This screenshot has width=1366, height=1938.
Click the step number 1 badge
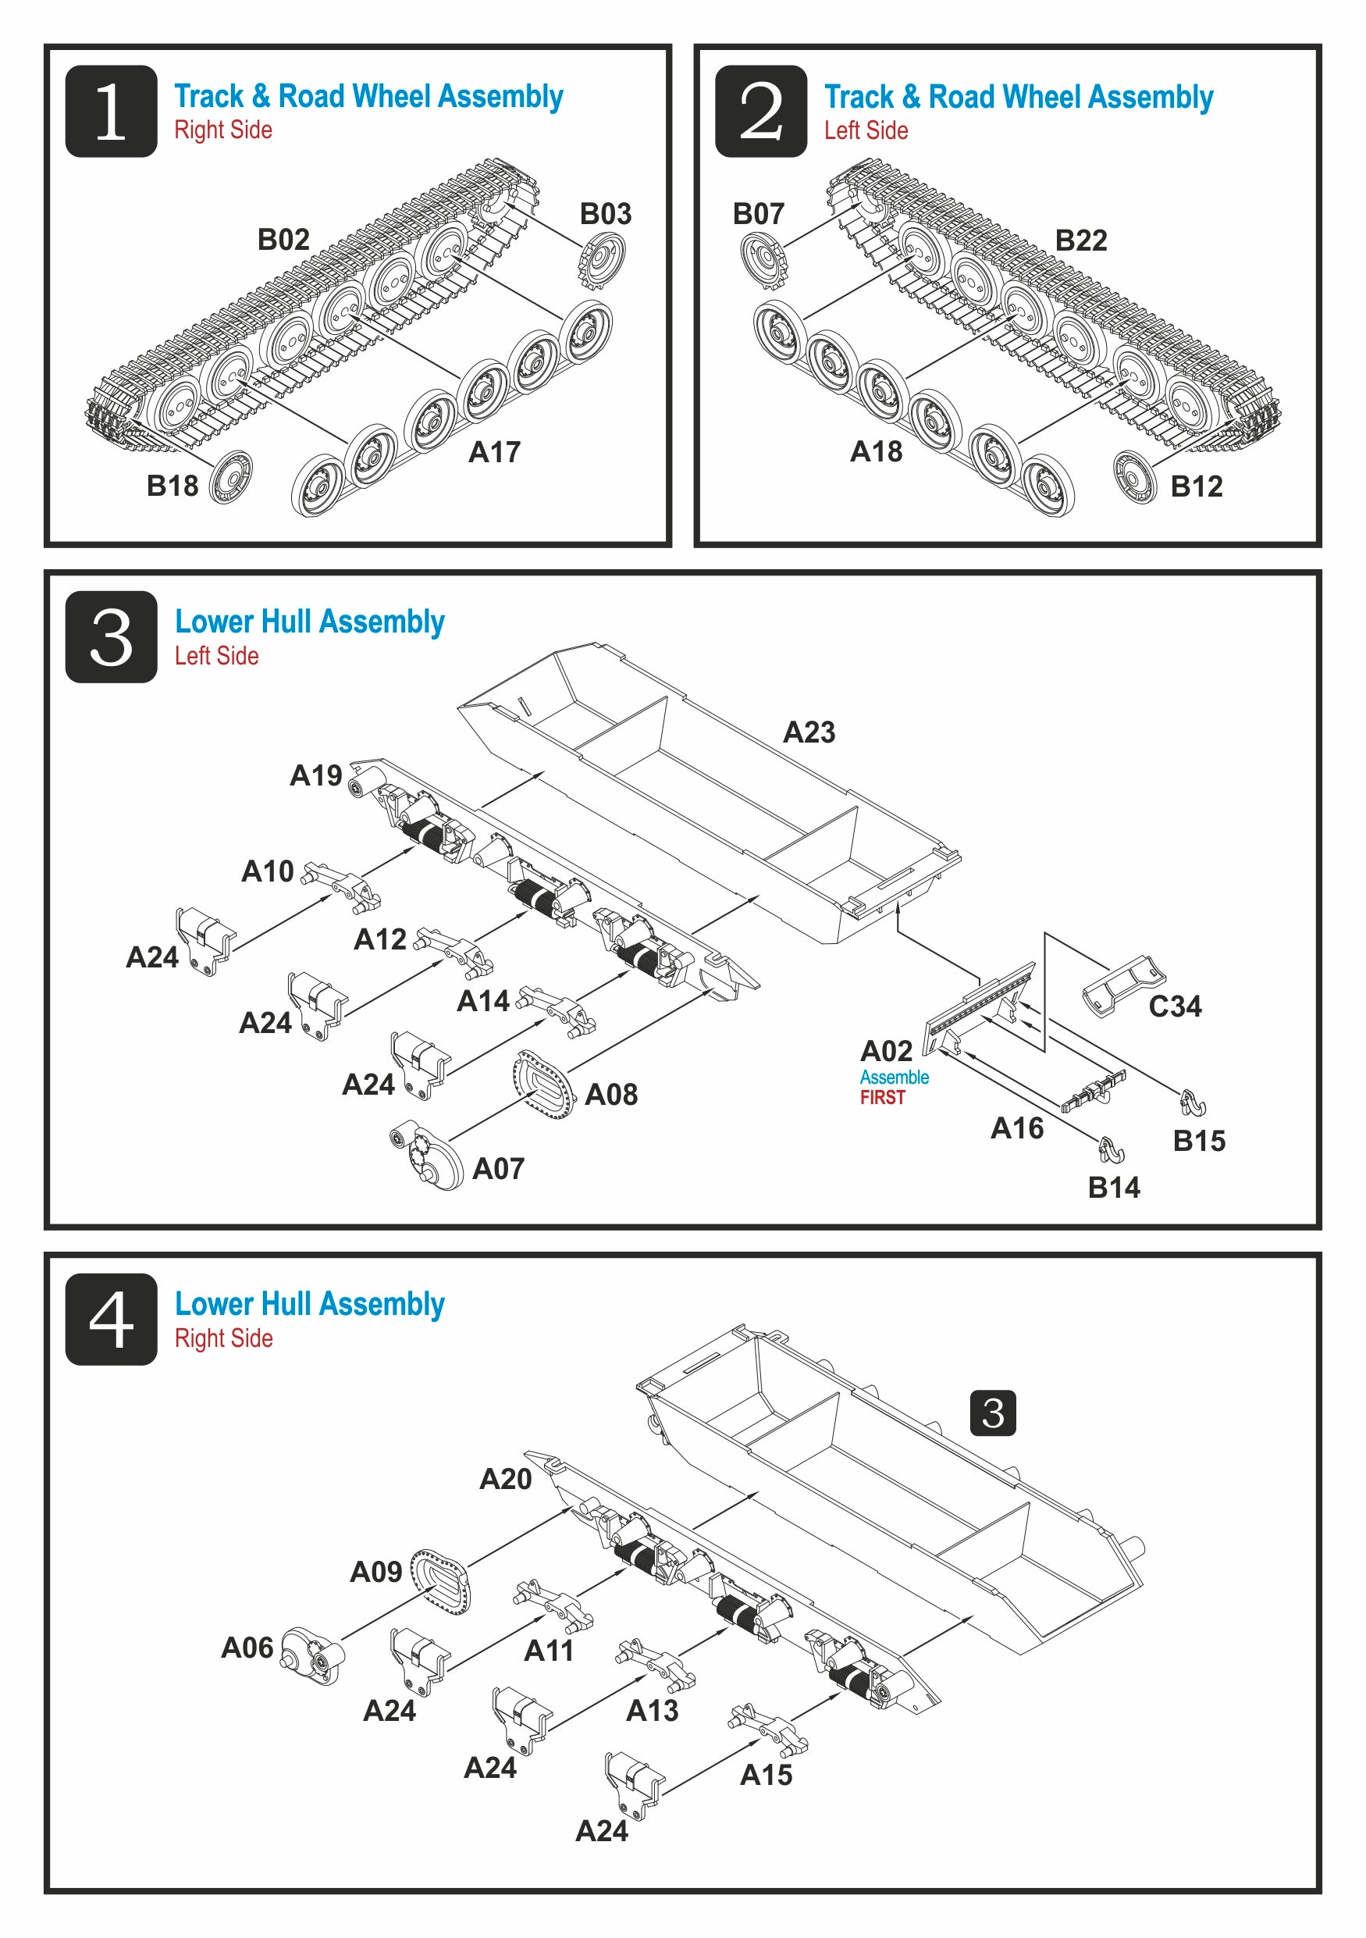111,111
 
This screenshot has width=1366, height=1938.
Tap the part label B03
605,213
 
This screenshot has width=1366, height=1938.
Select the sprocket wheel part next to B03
602,259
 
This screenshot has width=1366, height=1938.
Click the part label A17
494,452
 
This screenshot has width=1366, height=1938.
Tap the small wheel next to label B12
1135,477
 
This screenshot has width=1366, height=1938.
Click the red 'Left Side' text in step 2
866,131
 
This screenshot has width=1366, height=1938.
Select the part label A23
809,732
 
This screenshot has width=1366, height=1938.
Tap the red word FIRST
883,1097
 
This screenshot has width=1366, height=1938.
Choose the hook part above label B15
1192,1102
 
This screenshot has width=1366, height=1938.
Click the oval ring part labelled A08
544,1084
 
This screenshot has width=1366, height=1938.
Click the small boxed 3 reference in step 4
993,1413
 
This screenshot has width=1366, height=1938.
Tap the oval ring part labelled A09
439,1582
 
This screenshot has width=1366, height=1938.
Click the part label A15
765,1775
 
